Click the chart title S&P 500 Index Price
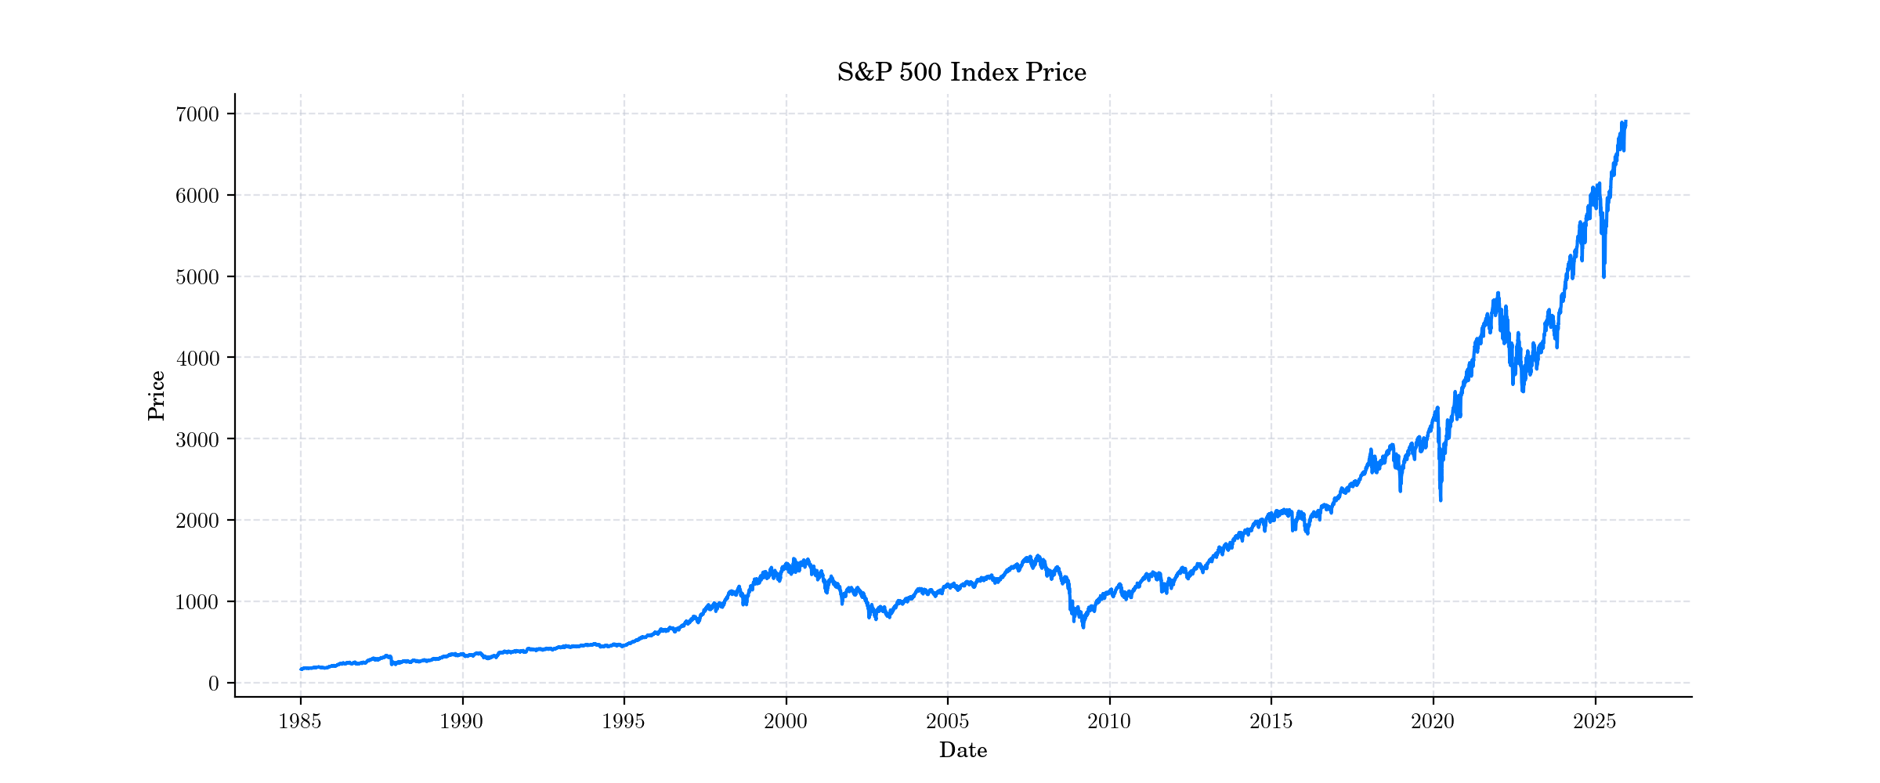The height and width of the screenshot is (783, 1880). point(961,73)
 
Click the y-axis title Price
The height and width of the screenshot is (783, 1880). point(157,395)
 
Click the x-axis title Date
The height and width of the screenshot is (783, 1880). point(963,750)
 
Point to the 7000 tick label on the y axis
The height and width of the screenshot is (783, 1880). point(197,114)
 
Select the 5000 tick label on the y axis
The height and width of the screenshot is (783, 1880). point(197,276)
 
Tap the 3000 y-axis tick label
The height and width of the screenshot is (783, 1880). point(197,439)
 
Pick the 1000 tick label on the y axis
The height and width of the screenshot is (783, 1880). point(197,602)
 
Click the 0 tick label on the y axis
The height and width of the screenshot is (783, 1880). point(213,684)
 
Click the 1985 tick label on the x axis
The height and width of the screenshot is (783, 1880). point(300,722)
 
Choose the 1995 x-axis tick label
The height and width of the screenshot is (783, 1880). point(624,722)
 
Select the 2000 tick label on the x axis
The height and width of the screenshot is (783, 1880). point(786,722)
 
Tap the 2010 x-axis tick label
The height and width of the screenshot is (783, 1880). point(1109,722)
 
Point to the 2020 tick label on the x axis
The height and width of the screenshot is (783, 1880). point(1433,722)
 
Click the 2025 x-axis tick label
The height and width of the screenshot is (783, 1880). point(1595,722)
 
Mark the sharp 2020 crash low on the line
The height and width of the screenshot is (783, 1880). point(1441,500)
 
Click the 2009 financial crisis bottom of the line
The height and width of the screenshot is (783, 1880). point(1083,627)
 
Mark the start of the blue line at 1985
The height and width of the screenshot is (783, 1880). point(301,669)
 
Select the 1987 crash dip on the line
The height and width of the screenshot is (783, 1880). point(392,664)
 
